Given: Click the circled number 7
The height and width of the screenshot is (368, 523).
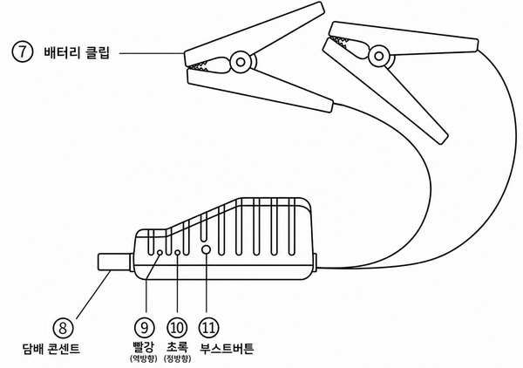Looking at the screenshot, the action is click(23, 52).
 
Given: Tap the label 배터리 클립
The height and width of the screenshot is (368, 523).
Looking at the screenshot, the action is click(77, 52).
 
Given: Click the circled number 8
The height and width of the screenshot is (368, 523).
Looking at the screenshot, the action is click(63, 328).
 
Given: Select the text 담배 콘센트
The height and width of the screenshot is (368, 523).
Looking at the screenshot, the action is click(51, 349).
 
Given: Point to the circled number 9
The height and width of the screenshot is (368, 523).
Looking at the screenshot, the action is click(144, 328).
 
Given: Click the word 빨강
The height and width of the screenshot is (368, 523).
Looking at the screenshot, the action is click(144, 347).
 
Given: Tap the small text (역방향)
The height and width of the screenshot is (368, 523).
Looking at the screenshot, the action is click(144, 359).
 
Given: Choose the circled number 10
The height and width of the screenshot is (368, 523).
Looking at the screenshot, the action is click(176, 328).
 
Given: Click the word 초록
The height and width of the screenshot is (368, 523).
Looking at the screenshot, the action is click(177, 347).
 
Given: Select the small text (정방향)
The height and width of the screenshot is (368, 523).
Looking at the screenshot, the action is click(178, 359).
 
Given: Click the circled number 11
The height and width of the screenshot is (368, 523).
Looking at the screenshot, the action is click(208, 328).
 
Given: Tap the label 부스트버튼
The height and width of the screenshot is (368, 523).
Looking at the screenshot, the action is click(227, 348).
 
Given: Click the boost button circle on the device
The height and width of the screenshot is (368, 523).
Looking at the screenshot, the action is click(207, 249).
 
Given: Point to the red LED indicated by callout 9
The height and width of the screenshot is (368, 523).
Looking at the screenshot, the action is click(160, 253).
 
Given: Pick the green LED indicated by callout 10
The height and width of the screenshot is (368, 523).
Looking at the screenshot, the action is click(178, 253).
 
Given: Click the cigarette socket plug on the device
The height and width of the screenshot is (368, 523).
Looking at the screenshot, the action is click(115, 262).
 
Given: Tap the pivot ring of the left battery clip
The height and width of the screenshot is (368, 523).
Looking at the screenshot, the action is click(241, 62).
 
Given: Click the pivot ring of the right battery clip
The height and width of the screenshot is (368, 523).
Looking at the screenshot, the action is click(378, 56).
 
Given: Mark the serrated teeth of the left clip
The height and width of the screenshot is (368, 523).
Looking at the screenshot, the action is click(200, 66).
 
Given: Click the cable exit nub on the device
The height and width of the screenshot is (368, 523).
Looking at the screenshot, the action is click(315, 262).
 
